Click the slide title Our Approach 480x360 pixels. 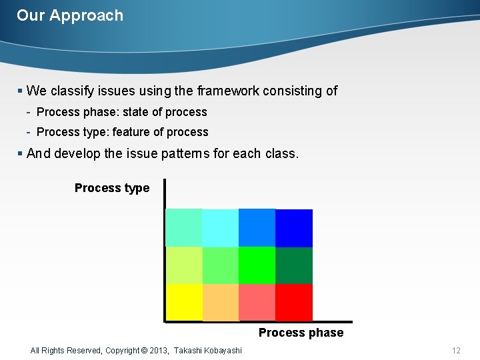(70, 15)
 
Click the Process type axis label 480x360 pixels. (112, 188)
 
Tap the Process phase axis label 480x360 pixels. (301, 333)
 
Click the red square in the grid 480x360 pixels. (294, 302)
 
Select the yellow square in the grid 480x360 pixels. (184, 302)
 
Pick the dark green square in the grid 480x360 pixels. (294, 265)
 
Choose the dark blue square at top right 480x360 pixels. (294, 228)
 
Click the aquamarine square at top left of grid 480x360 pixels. (184, 228)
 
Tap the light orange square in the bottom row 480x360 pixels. (221, 302)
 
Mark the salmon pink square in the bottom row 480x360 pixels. (257, 302)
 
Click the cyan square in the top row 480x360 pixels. (221, 228)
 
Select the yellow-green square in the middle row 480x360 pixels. (184, 265)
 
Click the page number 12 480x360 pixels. (456, 351)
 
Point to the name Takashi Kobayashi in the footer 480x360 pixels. (208, 351)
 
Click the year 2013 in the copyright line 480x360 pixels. (157, 351)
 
